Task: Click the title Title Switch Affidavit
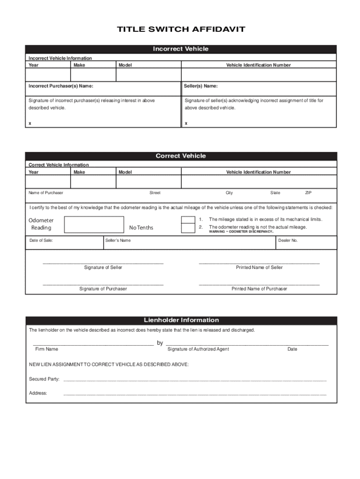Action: pyautogui.click(x=180, y=30)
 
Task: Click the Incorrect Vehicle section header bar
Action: pyautogui.click(x=180, y=49)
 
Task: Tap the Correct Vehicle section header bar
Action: pyautogui.click(x=180, y=156)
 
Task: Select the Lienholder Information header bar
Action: pyautogui.click(x=180, y=320)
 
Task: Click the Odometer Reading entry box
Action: pyautogui.click(x=94, y=225)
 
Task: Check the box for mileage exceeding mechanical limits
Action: pyautogui.click(x=188, y=220)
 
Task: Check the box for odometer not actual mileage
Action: pyautogui.click(x=188, y=228)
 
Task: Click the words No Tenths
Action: pyautogui.click(x=141, y=228)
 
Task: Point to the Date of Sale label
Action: pyautogui.click(x=41, y=240)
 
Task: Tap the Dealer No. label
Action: pyautogui.click(x=288, y=240)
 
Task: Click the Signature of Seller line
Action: pyautogui.click(x=103, y=262)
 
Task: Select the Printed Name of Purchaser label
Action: pyautogui.click(x=259, y=289)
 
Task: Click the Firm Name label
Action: pyautogui.click(x=47, y=349)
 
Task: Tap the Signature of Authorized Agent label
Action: pyautogui.click(x=198, y=349)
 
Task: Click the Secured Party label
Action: pyautogui.click(x=44, y=379)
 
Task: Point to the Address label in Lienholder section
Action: pyautogui.click(x=38, y=393)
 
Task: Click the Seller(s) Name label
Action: pyautogui.click(x=201, y=86)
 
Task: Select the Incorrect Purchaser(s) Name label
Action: pyautogui.click(x=61, y=86)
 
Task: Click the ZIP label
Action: pyautogui.click(x=309, y=193)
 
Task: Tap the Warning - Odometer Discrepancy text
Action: pyautogui.click(x=241, y=232)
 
